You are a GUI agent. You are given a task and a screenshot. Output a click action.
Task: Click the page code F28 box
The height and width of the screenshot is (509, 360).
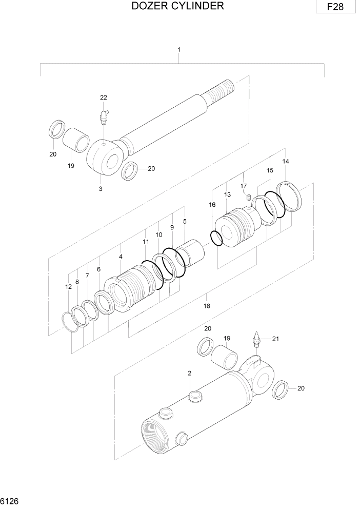point(335,7)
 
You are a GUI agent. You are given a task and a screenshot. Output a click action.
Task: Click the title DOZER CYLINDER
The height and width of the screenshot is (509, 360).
point(177,6)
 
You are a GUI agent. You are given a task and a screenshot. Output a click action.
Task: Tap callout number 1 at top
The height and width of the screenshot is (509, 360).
point(178,50)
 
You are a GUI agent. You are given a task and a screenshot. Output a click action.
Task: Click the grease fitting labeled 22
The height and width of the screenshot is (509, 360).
point(104,116)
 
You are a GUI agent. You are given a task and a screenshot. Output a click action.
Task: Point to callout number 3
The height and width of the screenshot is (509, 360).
point(101,189)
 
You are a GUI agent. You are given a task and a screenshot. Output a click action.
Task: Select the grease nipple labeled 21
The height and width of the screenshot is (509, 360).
point(256,340)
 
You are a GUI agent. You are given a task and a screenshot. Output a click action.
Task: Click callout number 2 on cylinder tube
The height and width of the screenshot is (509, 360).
point(189,374)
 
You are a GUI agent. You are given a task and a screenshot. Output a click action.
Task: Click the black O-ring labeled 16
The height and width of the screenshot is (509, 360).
point(216,238)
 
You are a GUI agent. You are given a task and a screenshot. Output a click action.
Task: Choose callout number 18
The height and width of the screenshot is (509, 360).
point(207,306)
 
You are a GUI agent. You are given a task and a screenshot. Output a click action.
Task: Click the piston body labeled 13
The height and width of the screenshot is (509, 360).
point(234,226)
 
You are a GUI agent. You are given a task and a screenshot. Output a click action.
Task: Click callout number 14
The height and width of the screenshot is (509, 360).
point(286,162)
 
